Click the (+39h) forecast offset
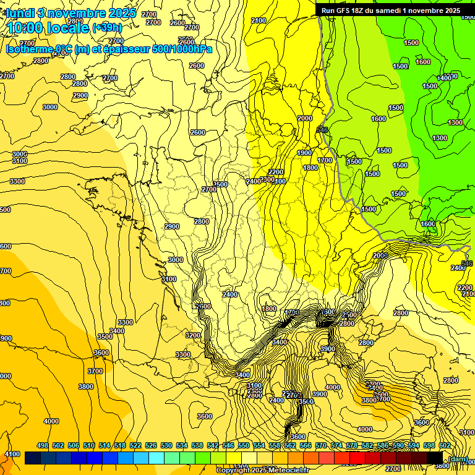click(107, 28)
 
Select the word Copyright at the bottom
click(234, 471)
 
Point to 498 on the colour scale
click(42, 445)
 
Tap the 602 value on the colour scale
click(445, 445)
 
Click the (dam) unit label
click(458, 459)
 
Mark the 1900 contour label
click(304, 153)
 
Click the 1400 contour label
click(445, 78)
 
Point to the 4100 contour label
click(12, 454)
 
